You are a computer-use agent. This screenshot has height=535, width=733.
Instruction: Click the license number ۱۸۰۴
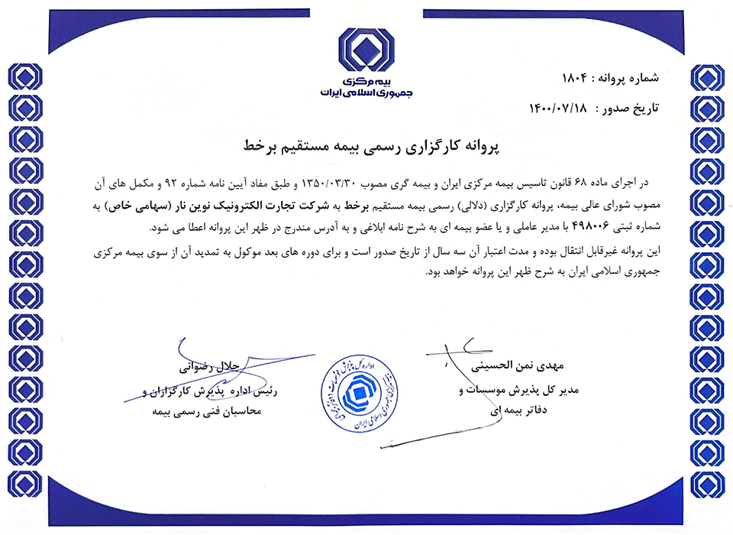pyautogui.click(x=573, y=78)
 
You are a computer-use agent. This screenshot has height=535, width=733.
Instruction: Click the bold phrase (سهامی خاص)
pyautogui.click(x=167, y=206)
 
